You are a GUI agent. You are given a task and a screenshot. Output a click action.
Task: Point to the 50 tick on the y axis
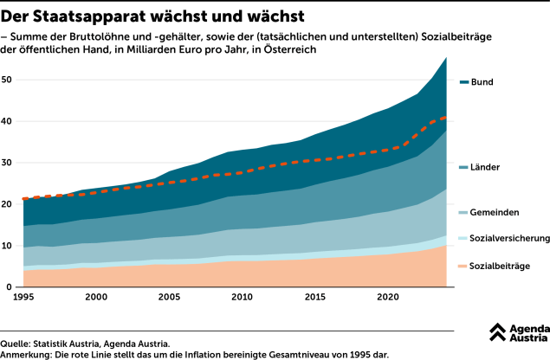click(x=6, y=80)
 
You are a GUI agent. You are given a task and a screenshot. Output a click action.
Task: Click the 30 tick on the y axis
click(x=6, y=163)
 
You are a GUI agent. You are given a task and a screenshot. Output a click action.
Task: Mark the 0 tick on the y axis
click(x=9, y=287)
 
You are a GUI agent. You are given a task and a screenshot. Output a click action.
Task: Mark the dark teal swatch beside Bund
click(x=464, y=82)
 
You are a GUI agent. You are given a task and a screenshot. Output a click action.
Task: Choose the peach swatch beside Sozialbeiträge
click(x=464, y=266)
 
